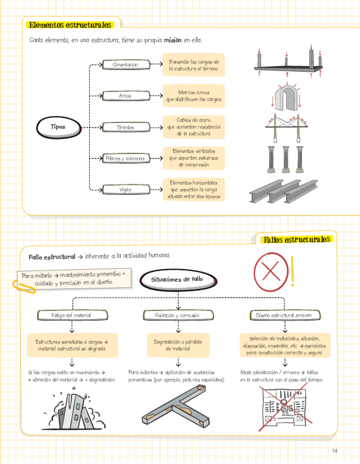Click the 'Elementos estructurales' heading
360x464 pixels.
69,25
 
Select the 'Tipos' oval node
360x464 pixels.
57,127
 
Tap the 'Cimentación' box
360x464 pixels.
125,65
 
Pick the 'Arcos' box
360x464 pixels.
125,96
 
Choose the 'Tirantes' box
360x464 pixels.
125,127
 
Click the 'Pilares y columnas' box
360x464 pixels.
125,159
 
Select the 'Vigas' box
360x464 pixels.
125,189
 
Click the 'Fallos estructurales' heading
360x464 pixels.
296,240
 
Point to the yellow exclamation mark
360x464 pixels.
293,271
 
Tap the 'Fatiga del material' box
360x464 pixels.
71,316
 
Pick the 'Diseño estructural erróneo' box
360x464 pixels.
284,316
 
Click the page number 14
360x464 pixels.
335,450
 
